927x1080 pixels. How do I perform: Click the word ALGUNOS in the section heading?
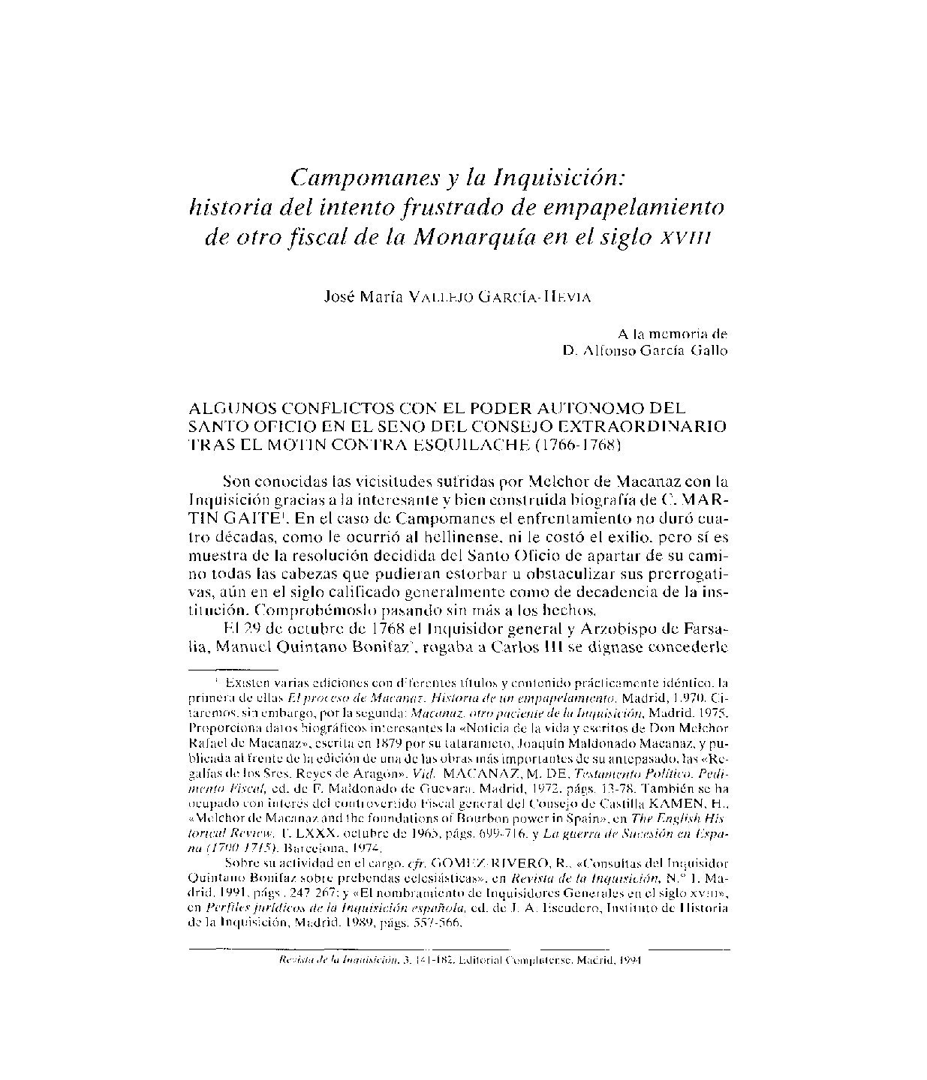(228, 409)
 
